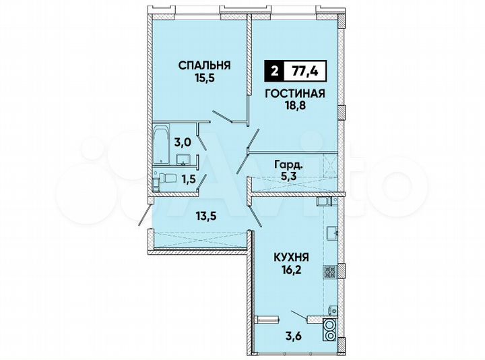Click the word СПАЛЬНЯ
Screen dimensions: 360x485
205,65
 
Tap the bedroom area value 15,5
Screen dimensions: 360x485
205,79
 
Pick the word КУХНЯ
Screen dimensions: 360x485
292,257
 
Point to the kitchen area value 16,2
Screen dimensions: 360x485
292,270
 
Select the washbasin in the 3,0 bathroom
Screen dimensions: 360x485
183,160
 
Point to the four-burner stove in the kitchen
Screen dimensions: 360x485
331,272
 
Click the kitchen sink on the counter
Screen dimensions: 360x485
332,233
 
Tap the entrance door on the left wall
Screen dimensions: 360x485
143,215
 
